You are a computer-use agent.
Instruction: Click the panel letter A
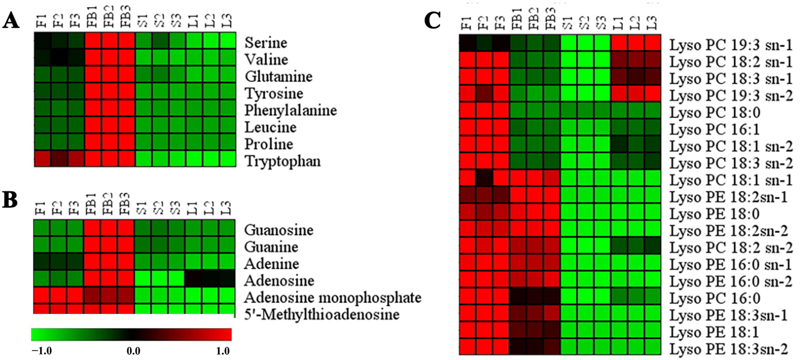coord(10,21)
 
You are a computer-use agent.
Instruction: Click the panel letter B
coord(10,200)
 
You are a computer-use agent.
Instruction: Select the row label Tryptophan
coord(283,161)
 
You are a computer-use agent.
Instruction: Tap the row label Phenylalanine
coord(291,110)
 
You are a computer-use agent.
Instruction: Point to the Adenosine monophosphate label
coord(332,298)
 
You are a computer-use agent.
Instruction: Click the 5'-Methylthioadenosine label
coord(322,315)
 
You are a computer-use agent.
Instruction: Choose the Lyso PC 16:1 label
coord(714,130)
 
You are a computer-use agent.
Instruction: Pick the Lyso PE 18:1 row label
coord(714,332)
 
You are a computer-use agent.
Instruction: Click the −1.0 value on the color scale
coord(41,351)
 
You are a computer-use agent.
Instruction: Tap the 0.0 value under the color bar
coord(133,351)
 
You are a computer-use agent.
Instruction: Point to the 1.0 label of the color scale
coord(223,351)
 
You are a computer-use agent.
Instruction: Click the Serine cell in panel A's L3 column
coord(228,41)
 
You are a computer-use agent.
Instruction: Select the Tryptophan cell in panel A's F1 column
coord(42,159)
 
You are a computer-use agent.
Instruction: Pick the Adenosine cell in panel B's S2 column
coord(160,279)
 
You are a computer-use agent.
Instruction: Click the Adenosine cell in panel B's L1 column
coord(193,279)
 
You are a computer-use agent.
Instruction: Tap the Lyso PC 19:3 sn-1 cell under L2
coord(636,43)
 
